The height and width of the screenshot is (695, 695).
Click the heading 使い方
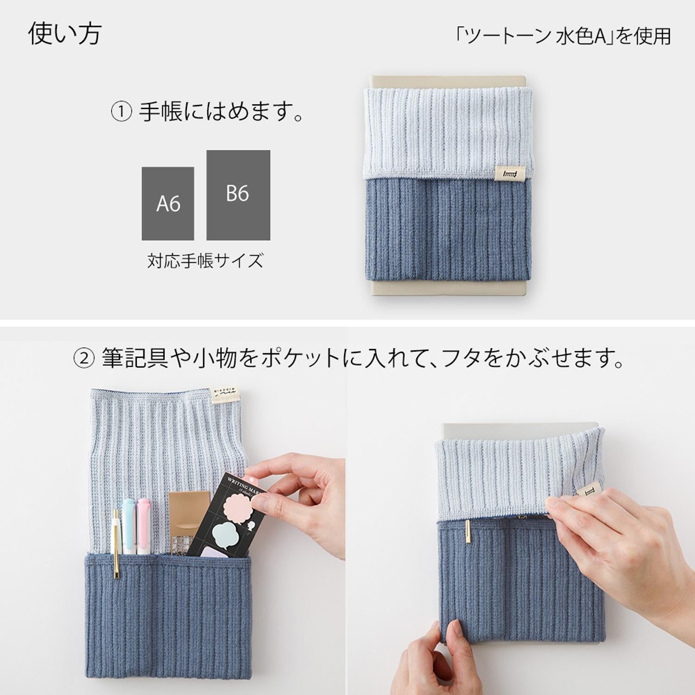(65, 34)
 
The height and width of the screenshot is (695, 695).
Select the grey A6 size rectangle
(168, 203)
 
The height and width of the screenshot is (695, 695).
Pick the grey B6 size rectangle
(238, 195)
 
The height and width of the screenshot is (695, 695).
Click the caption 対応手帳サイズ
(205, 261)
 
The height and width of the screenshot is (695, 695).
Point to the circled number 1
(121, 112)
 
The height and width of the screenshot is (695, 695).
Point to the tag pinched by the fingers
(587, 492)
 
